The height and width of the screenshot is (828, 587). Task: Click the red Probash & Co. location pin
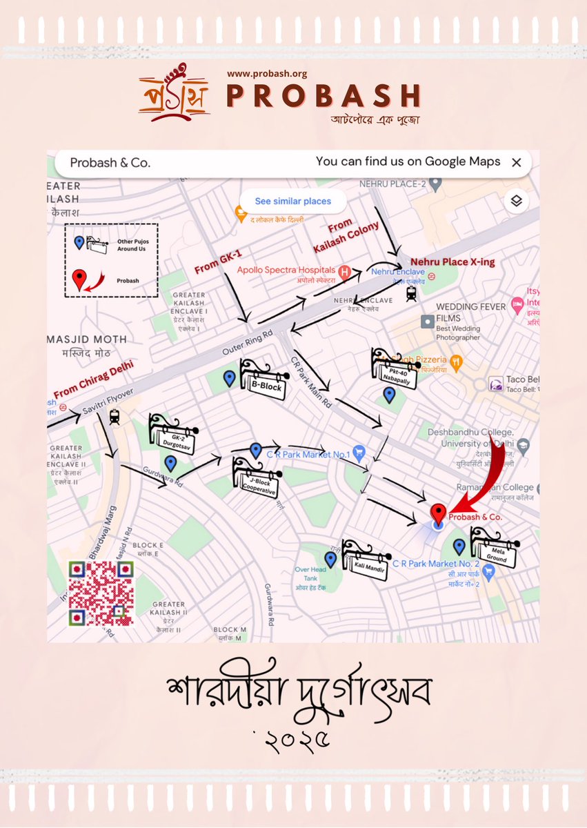tap(438, 513)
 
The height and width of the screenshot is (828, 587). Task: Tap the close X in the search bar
tap(516, 163)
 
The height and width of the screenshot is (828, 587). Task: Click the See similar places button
tap(292, 201)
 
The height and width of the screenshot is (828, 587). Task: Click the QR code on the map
tap(101, 593)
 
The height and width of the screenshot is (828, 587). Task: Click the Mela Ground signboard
tap(495, 549)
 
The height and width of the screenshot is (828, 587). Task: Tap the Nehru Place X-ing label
tap(452, 263)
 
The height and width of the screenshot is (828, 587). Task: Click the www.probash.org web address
tap(267, 73)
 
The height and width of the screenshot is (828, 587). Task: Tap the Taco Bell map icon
tap(495, 384)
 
